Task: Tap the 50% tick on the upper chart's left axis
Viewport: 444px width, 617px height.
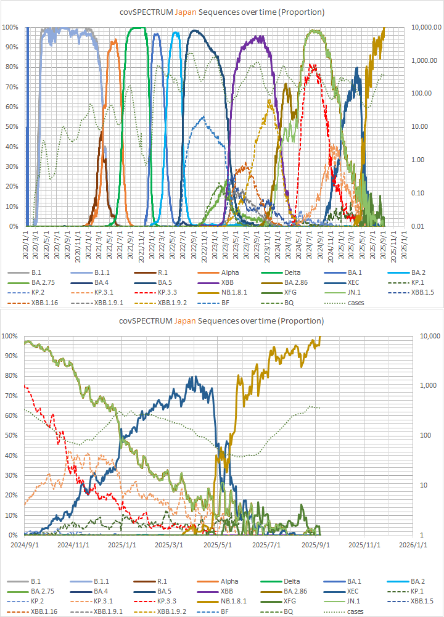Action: (x=10, y=127)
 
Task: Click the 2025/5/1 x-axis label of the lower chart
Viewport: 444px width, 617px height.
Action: (x=216, y=545)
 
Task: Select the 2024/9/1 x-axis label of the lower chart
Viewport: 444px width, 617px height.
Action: (x=25, y=545)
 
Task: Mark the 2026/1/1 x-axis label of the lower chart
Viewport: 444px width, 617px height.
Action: (x=406, y=545)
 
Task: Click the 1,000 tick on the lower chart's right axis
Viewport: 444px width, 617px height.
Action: (x=427, y=386)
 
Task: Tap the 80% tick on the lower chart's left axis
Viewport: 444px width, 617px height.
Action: (x=10, y=376)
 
